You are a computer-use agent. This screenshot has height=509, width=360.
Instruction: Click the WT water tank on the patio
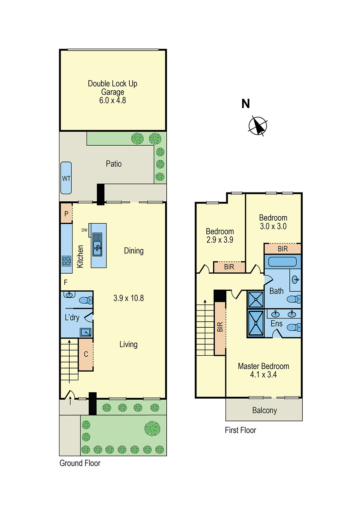click(66, 178)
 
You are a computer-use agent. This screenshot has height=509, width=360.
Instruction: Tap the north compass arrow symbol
click(258, 126)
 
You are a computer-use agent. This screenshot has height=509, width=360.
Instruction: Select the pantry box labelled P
click(66, 213)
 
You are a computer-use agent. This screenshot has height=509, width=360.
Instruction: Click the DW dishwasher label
click(84, 230)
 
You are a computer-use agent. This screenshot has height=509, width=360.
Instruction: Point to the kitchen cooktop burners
click(66, 261)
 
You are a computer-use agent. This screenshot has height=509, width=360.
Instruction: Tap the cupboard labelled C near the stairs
click(86, 354)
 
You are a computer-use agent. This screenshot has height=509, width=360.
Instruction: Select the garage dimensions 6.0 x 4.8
click(113, 101)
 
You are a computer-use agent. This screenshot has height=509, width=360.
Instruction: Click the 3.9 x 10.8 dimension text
click(128, 298)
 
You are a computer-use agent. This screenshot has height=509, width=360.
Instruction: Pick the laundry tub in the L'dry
click(86, 332)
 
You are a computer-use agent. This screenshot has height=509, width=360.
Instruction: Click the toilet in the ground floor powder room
click(86, 300)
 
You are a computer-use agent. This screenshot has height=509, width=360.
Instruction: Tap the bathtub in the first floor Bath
click(282, 261)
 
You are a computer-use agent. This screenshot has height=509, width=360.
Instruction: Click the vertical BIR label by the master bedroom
click(220, 327)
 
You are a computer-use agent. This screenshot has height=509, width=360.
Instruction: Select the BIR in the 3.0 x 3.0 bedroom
click(282, 249)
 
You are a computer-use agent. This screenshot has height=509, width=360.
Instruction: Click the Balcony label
click(264, 410)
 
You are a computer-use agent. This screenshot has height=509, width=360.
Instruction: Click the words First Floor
click(240, 430)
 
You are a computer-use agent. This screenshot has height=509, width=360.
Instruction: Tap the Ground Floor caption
click(80, 463)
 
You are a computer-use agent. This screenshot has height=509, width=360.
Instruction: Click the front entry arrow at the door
click(70, 401)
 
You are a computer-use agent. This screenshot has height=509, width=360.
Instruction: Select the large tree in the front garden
click(152, 429)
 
